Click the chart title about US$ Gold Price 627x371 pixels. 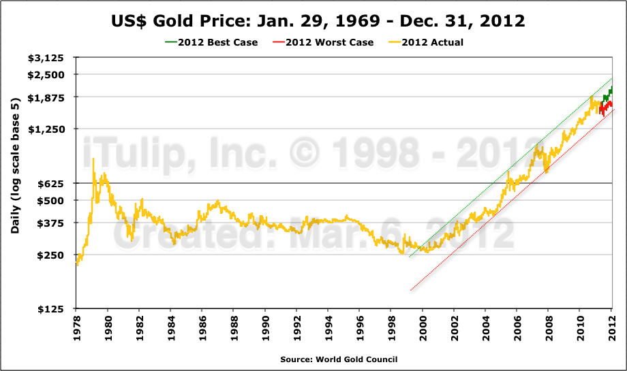(318, 21)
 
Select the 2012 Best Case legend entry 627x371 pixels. (212, 42)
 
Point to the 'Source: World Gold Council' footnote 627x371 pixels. (338, 359)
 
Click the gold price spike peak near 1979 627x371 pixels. (93, 159)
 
